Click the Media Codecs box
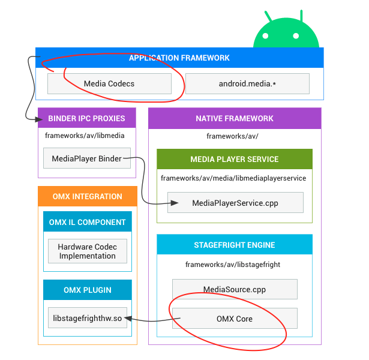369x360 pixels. [109, 84]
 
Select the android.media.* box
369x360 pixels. [247, 84]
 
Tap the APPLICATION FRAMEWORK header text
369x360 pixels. [179, 58]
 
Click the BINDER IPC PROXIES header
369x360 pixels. [87, 118]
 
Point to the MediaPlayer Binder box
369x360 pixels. [87, 158]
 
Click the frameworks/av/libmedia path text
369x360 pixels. [85, 136]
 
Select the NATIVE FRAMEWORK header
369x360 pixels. [235, 118]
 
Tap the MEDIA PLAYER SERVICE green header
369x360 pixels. [235, 159]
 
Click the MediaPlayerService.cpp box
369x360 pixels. [235, 203]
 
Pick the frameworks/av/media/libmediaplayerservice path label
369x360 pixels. [233, 178]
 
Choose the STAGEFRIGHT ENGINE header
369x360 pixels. [235, 244]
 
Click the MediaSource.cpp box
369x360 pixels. [235, 289]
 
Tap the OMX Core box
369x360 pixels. [235, 319]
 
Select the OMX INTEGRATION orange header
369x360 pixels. [88, 196]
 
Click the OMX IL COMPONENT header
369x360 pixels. [88, 221]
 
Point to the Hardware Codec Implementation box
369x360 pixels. [88, 251]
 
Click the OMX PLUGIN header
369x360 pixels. [88, 290]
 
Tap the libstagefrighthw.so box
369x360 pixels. [88, 317]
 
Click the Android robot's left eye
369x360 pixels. [265, 36]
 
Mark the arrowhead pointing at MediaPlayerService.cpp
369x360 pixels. [175, 203]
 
